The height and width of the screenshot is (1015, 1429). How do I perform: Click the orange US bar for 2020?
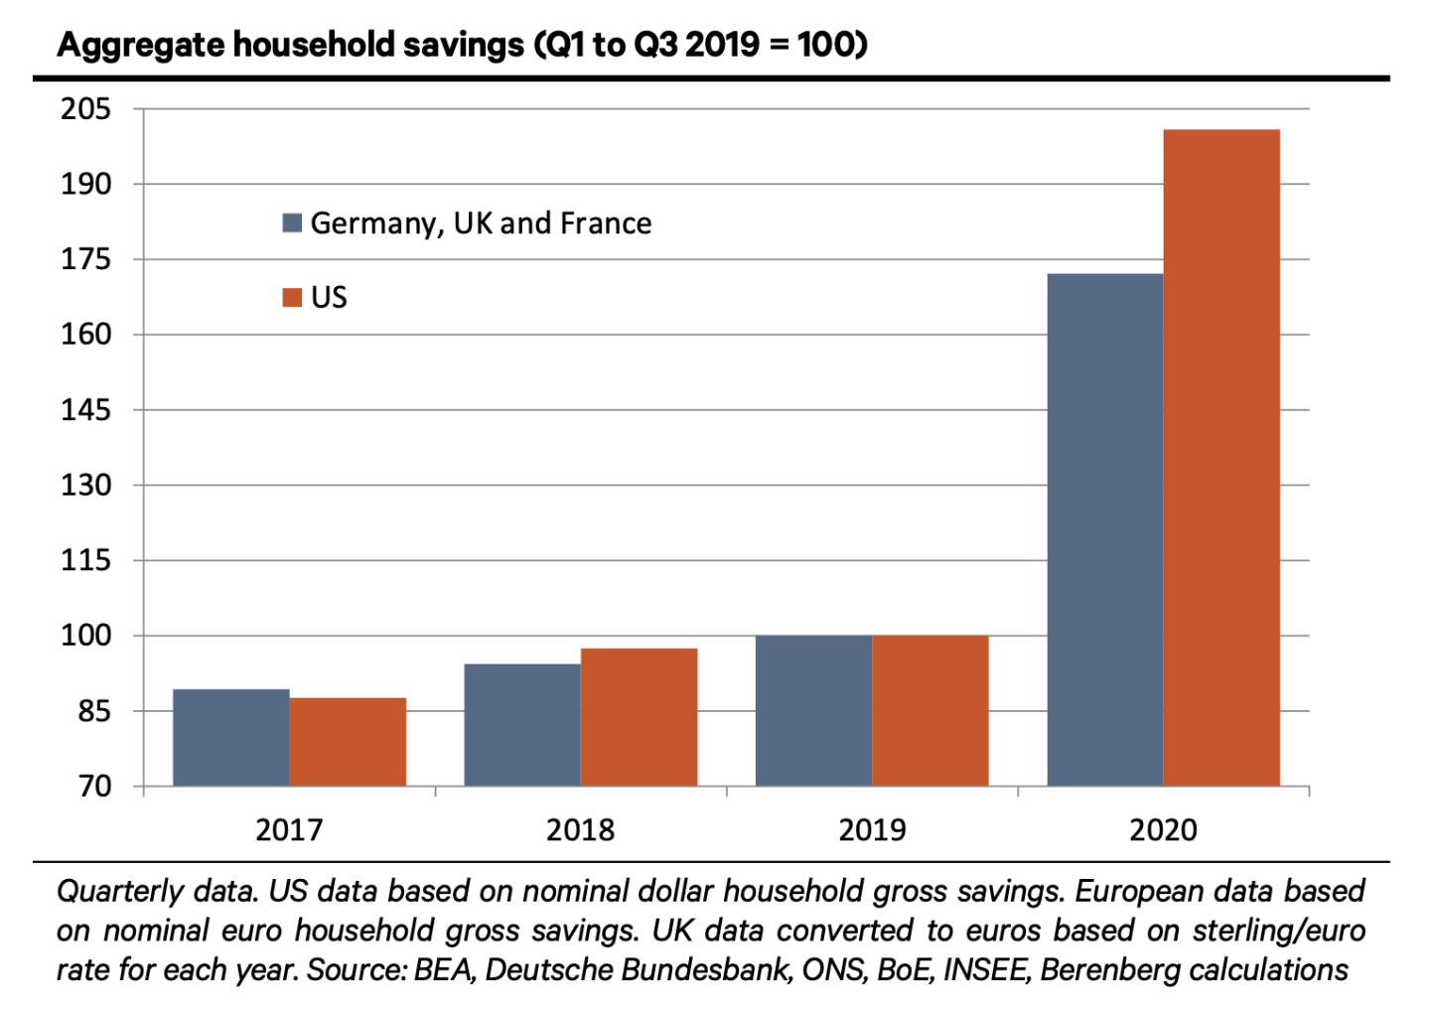point(1221,458)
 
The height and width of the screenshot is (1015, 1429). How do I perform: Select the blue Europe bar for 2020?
point(1105,529)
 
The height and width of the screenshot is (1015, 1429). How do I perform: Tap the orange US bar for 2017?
point(348,742)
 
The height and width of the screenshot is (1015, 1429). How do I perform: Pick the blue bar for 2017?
point(231,738)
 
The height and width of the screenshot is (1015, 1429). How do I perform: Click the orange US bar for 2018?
point(639,717)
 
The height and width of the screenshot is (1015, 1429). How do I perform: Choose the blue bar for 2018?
point(521,725)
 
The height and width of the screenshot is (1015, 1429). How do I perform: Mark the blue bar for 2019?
point(813,711)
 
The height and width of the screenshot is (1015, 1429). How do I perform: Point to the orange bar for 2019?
point(930,711)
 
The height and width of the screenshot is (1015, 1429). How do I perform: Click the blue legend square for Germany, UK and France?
point(292,223)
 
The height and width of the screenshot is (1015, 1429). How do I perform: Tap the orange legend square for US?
point(292,297)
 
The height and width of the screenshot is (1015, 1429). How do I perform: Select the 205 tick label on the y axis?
point(85,109)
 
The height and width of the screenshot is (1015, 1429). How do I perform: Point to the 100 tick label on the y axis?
point(85,636)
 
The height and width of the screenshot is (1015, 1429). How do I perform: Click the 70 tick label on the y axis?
point(94,787)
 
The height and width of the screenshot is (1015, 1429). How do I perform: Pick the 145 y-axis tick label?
point(85,409)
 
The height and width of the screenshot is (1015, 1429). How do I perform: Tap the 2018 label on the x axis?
point(580,830)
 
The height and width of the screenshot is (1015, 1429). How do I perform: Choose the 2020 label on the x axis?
point(1163,830)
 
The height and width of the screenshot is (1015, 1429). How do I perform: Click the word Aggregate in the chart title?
point(141,46)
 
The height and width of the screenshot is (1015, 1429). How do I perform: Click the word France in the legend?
point(606,223)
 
